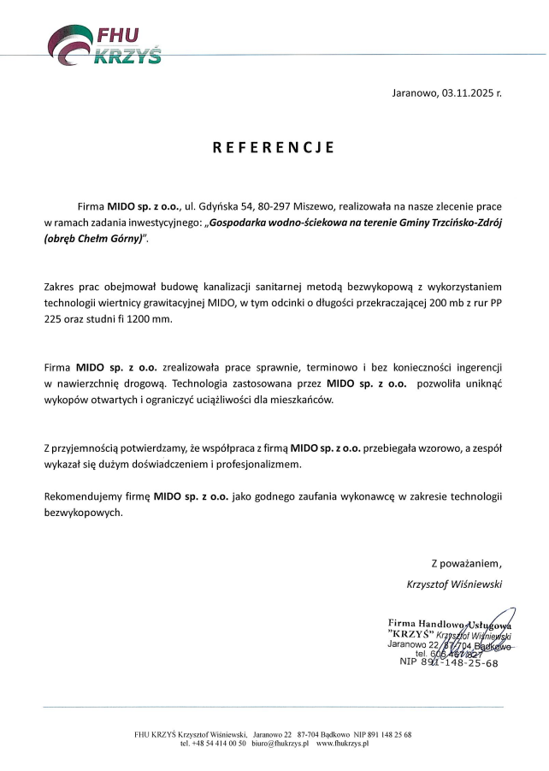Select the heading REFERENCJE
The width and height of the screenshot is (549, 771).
pyautogui.click(x=274, y=147)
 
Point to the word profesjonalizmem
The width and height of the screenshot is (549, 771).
pyautogui.click(x=258, y=464)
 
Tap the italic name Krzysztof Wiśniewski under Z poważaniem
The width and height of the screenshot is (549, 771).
pyautogui.click(x=454, y=584)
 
